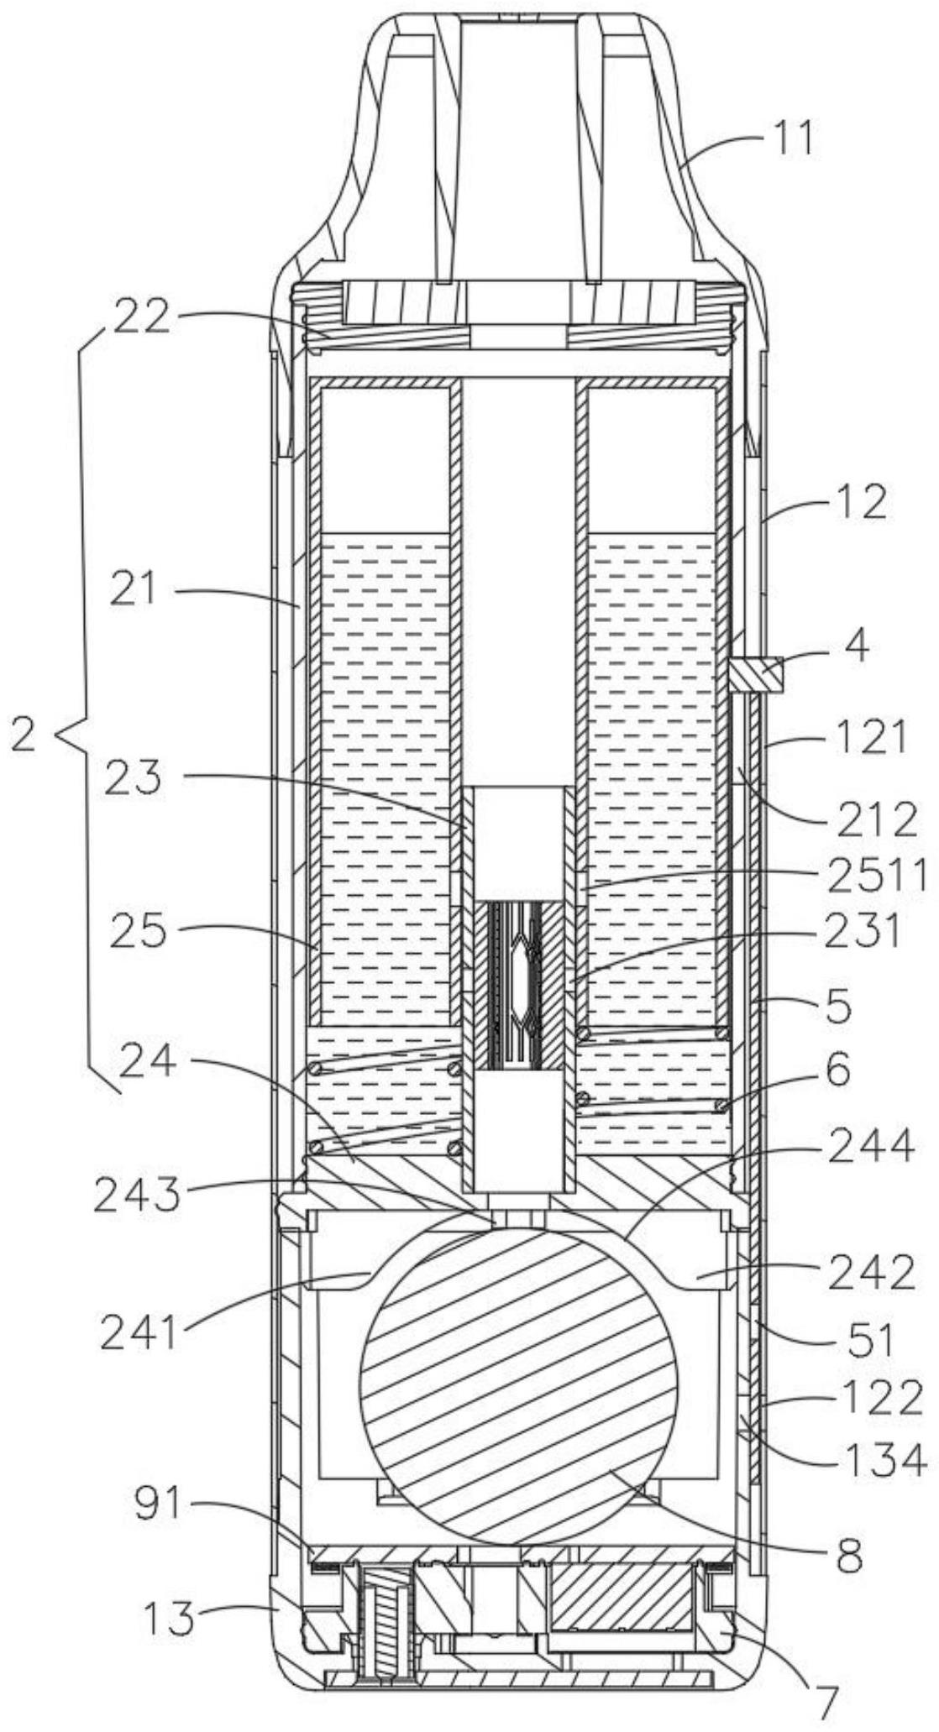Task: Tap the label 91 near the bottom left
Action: (x=158, y=1504)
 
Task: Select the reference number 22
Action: (x=139, y=321)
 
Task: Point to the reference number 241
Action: (x=140, y=1333)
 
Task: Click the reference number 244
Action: (x=870, y=1146)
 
